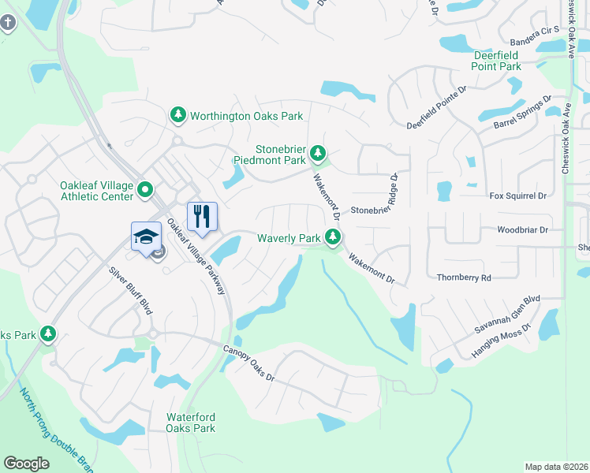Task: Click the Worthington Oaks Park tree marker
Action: point(178,116)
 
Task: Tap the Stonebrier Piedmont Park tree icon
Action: point(317,152)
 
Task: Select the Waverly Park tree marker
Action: point(334,236)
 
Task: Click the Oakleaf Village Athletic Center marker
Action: point(145,189)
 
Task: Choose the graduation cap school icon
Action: point(146,236)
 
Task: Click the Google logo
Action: point(26,464)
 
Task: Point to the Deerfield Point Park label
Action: point(497,61)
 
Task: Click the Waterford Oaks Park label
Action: point(190,423)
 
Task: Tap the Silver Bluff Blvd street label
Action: point(130,289)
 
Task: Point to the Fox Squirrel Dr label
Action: point(518,196)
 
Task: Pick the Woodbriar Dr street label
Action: point(522,230)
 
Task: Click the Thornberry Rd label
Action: point(464,277)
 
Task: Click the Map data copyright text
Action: point(556,467)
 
